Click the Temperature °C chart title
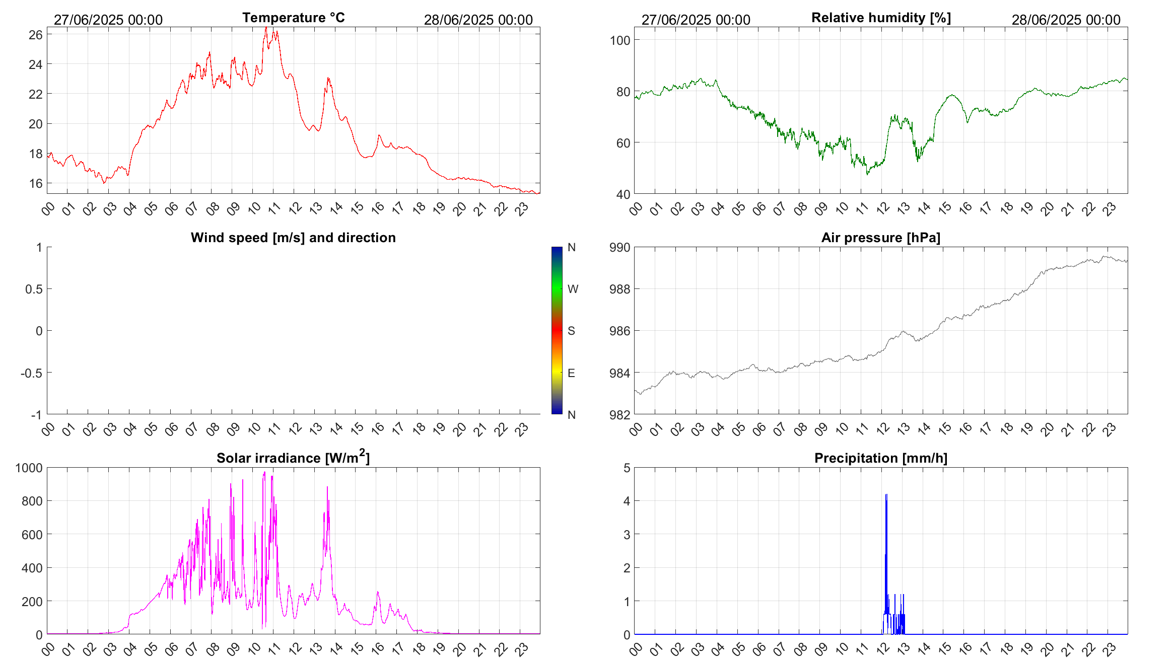[x=293, y=18]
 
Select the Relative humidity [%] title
[x=881, y=18]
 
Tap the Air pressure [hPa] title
[x=880, y=238]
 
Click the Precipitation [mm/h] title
[x=880, y=458]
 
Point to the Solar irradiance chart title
[x=293, y=458]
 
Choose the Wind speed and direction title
[x=293, y=238]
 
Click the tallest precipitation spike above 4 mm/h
[x=886, y=495]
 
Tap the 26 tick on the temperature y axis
[x=35, y=35]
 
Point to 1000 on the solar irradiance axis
[x=29, y=468]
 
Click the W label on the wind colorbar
[x=573, y=289]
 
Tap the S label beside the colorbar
[x=571, y=331]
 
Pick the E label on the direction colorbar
[x=571, y=373]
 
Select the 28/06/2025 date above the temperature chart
[x=478, y=20]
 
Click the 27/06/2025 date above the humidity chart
[x=696, y=20]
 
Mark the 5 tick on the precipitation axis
[x=627, y=468]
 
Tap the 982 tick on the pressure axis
[x=619, y=415]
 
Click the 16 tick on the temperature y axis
[x=35, y=183]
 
